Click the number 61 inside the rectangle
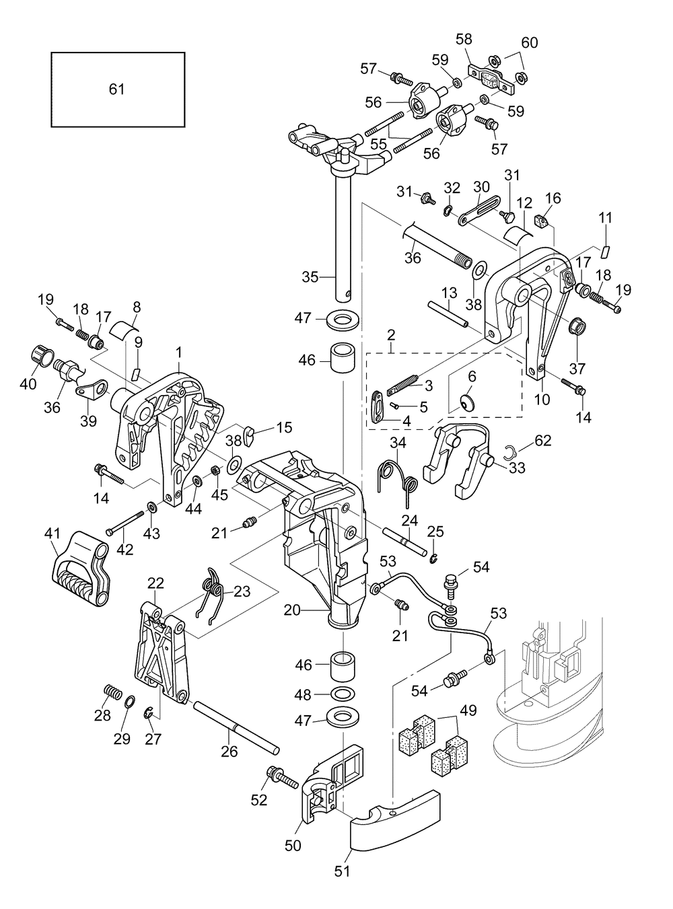tap(117, 89)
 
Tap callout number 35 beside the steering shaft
tap(310, 277)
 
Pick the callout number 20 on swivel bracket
tap(292, 610)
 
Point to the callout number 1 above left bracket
tap(179, 352)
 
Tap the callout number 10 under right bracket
tap(542, 399)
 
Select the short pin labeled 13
tap(447, 314)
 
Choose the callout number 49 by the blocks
tap(468, 711)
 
